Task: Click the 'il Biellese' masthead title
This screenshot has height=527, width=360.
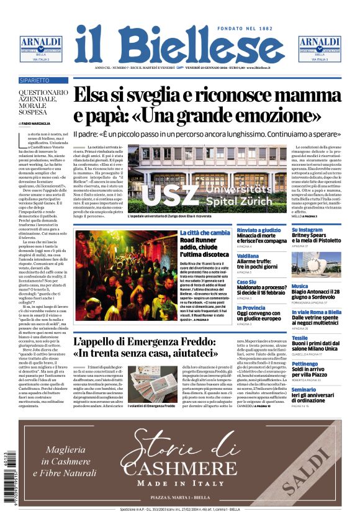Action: pyautogui.click(x=179, y=43)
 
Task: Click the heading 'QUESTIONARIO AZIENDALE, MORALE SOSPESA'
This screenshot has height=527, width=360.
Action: pyautogui.click(x=43, y=104)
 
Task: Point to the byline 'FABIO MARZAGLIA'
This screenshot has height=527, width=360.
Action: pyautogui.click(x=37, y=124)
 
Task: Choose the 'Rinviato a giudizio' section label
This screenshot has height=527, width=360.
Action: pyautogui.click(x=258, y=231)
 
